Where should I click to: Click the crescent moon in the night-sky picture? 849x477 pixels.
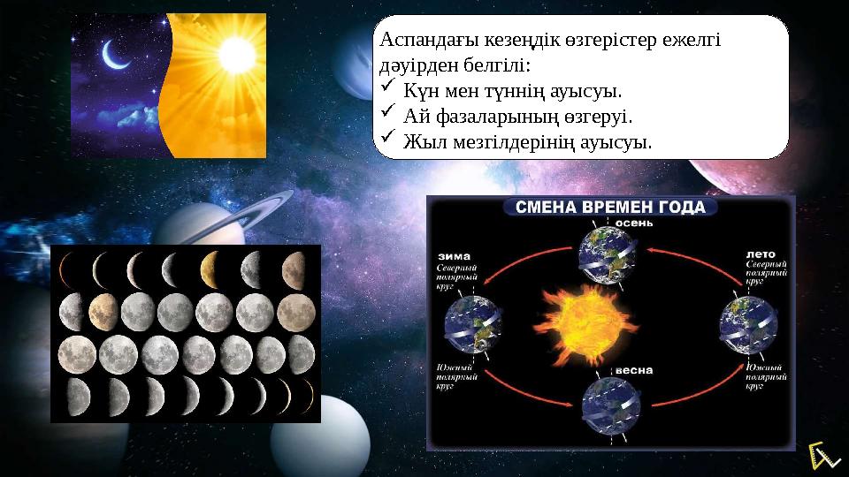coord(115,55)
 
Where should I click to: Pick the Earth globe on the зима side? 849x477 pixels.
coord(471,322)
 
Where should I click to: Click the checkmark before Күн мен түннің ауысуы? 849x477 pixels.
coord(386,89)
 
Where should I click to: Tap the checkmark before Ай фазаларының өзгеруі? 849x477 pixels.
coord(386,114)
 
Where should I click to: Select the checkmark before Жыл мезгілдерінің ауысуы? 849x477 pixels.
coord(386,139)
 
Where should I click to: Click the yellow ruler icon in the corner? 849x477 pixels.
coord(822,455)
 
